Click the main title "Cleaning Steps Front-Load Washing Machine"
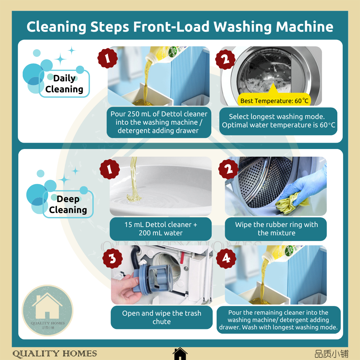tap(180, 27)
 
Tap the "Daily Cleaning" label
tap(64, 84)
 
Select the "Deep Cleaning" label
tap(68, 204)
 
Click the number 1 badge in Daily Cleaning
tap(108, 58)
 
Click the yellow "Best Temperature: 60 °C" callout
tap(274, 100)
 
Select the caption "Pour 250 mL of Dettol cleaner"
tap(159, 122)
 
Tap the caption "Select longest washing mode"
tap(278, 121)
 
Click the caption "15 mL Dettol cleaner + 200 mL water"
tap(161, 229)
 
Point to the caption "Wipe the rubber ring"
tap(276, 229)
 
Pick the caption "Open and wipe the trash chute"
tap(161, 317)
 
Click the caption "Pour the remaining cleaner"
tap(278, 320)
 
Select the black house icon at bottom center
tap(180, 353)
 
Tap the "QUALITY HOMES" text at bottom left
tap(55, 354)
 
